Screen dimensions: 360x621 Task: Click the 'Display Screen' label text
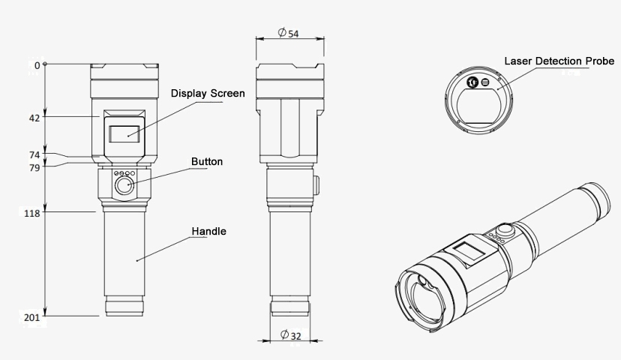[208, 93]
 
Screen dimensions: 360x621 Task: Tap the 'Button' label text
[206, 161]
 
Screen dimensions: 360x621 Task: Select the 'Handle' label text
[208, 231]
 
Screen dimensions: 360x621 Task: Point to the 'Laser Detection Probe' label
[559, 60]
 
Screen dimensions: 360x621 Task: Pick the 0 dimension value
[37, 65]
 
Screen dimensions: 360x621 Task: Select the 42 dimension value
[34, 117]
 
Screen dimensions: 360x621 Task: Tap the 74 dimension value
[34, 154]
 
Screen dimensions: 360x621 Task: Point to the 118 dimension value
[31, 213]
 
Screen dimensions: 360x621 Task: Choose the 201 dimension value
[31, 317]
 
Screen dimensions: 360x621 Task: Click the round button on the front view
[123, 187]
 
